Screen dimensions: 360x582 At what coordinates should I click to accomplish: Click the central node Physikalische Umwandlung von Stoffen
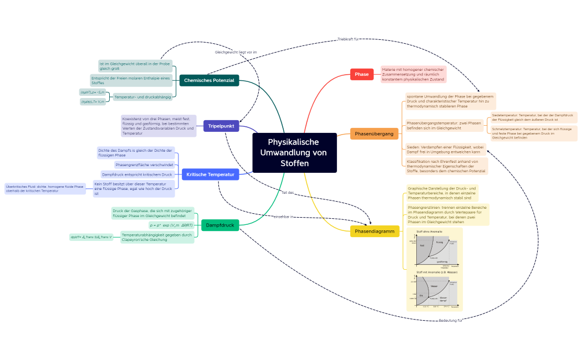(x=294, y=152)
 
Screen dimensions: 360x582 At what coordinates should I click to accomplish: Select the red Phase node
(x=362, y=74)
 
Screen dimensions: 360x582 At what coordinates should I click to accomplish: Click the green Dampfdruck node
(x=220, y=225)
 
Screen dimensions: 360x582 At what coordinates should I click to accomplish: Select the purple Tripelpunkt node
(x=221, y=126)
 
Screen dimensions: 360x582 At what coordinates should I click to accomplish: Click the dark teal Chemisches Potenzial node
(x=209, y=81)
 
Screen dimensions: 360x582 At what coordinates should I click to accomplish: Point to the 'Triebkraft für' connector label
(x=348, y=39)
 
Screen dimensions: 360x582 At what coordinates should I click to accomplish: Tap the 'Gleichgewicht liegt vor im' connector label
(x=236, y=52)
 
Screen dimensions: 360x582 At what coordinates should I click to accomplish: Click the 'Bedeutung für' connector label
(x=451, y=321)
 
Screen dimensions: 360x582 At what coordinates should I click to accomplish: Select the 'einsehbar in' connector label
(x=284, y=217)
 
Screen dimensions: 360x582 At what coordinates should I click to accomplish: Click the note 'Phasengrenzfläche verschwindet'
(x=144, y=165)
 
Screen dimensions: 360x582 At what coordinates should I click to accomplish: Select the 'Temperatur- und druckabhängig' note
(x=142, y=97)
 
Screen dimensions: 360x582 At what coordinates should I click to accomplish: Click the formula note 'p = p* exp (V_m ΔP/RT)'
(x=171, y=225)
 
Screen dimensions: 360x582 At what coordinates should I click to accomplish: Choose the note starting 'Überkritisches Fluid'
(x=45, y=188)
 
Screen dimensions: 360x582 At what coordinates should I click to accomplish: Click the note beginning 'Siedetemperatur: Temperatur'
(x=533, y=117)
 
